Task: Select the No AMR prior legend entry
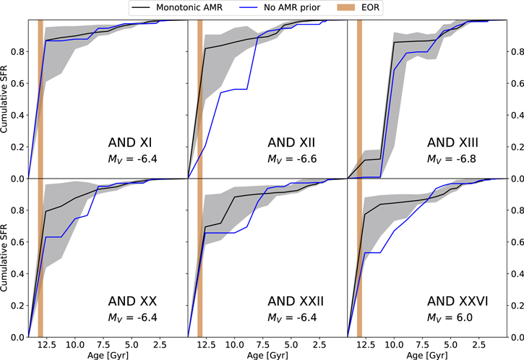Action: (x=277, y=7)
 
